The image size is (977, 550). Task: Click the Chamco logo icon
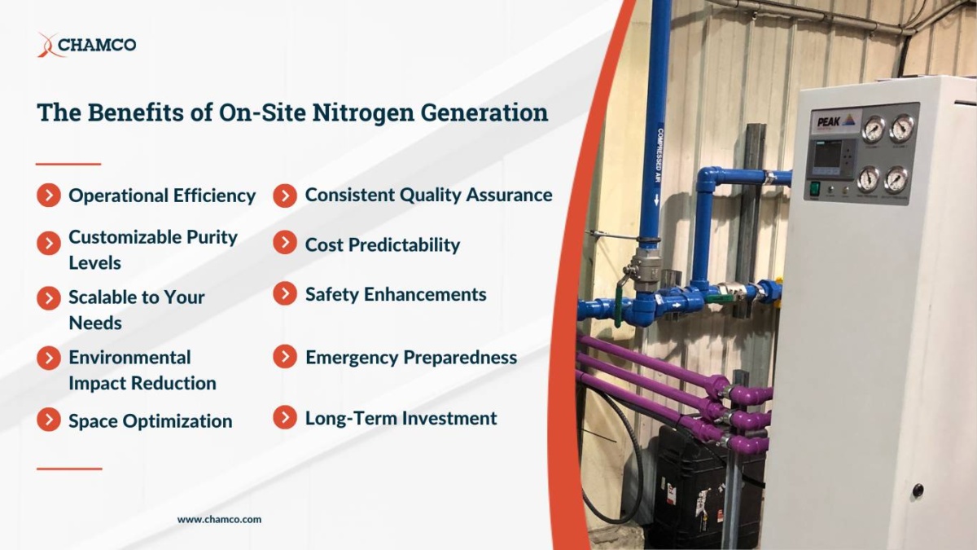(x=48, y=45)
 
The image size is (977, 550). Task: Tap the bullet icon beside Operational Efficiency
(x=49, y=196)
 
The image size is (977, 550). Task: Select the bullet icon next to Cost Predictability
(x=285, y=243)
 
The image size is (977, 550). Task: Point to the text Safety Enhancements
(x=396, y=295)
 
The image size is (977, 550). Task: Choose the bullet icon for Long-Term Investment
(x=285, y=418)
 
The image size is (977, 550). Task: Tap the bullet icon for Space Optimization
(x=49, y=420)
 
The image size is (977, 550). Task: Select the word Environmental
(x=129, y=358)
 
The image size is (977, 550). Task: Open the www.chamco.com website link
(x=219, y=519)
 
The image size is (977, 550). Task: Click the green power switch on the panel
(x=813, y=188)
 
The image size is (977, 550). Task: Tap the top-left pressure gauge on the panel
(x=874, y=129)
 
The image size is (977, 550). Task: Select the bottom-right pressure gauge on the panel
(x=896, y=178)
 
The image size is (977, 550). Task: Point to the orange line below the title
(x=68, y=164)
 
